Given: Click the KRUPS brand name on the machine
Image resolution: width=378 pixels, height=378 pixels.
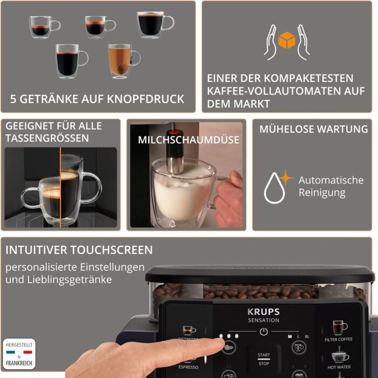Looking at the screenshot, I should pyautogui.click(x=264, y=311).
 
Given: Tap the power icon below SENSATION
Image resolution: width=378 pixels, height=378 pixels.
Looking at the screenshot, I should pyautogui.click(x=264, y=332).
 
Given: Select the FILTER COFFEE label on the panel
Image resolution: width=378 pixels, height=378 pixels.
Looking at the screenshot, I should pyautogui.click(x=339, y=340).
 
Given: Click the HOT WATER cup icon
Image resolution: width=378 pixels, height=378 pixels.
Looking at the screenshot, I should pyautogui.click(x=339, y=355).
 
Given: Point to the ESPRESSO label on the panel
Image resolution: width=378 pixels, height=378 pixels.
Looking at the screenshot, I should pyautogui.click(x=188, y=367).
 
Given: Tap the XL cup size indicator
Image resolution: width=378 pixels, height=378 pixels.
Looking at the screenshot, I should pyautogui.click(x=307, y=336).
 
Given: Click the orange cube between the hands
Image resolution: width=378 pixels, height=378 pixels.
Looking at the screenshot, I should pyautogui.click(x=286, y=40).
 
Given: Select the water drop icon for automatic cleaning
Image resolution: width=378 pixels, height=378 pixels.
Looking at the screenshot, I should pyautogui.click(x=274, y=187).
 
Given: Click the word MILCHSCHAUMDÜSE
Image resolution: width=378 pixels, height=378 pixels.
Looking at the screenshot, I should pyautogui.click(x=188, y=140).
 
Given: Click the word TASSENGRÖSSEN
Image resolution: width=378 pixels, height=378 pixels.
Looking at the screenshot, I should pyautogui.click(x=47, y=138).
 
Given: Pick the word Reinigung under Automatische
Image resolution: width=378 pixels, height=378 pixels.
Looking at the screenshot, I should pyautogui.click(x=323, y=193).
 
